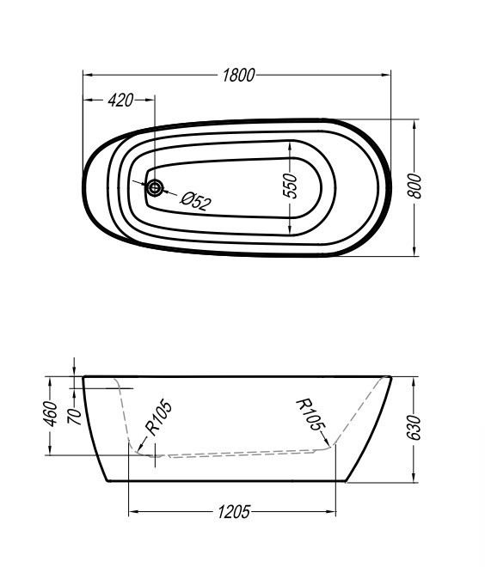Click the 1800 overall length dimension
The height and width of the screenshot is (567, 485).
coord(238,75)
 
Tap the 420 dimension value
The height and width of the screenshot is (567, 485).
coord(120,101)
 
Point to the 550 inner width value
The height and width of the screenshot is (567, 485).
coord(291,186)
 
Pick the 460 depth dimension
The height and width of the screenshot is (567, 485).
coord(51,414)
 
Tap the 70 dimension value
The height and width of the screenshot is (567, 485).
coord(76,416)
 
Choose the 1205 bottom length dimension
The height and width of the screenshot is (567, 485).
coord(233,512)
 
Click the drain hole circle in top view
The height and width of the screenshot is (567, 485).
coord(155,187)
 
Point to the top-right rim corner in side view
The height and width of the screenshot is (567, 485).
coord(391,376)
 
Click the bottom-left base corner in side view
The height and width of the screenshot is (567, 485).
coord(107,481)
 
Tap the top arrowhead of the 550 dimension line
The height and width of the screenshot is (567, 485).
coord(291,142)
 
